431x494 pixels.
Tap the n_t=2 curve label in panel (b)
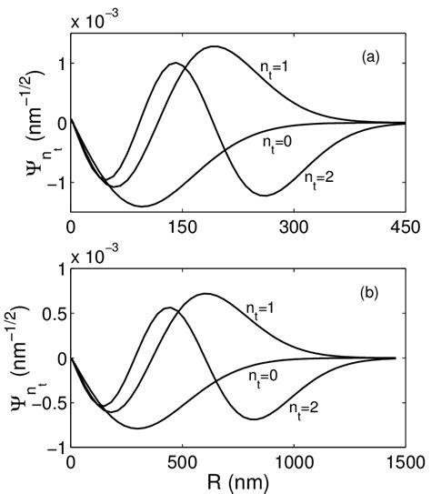coord(308,408)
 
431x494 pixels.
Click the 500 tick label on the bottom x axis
coord(182,462)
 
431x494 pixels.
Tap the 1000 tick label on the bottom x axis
coord(293,462)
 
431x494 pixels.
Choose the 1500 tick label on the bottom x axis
coord(404,462)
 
